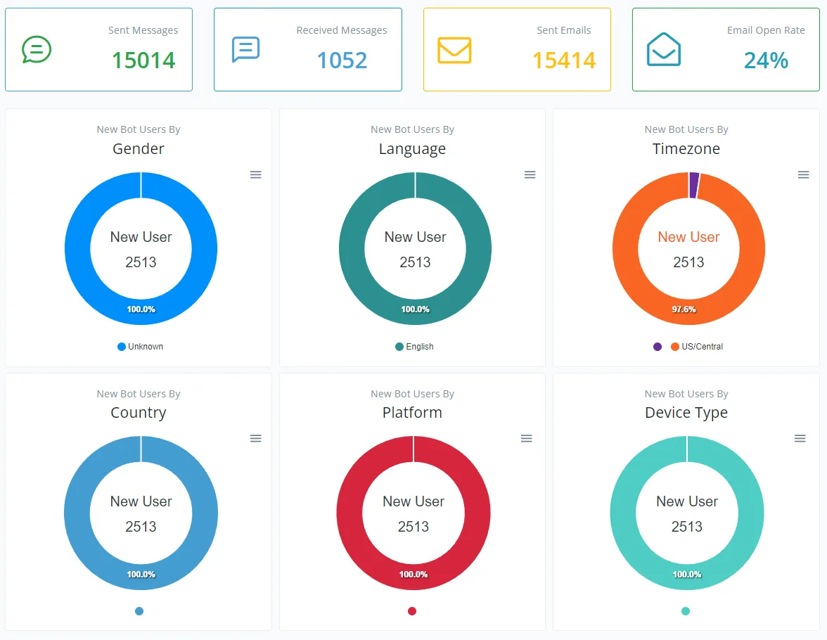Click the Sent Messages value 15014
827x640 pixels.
pos(143,60)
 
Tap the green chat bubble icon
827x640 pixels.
pos(37,50)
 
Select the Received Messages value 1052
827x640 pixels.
pos(342,60)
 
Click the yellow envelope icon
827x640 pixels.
pos(454,50)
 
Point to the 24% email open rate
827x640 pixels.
pos(766,60)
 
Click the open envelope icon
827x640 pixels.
pos(664,49)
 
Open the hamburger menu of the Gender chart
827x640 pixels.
pos(256,174)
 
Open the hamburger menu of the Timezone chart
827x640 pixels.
pos(803,174)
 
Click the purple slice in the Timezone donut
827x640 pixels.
pos(693,185)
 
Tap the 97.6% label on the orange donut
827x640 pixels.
pos(684,309)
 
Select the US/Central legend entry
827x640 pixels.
pos(697,347)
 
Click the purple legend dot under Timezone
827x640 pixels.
pos(657,347)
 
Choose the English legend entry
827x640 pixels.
pos(415,347)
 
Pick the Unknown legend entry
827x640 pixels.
pos(141,347)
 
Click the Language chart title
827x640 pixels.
pos(412,149)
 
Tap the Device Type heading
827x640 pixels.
pos(686,413)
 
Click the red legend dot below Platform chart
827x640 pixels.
pos(412,611)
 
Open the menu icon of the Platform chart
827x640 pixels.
pos(526,438)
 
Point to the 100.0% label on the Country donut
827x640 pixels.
pos(141,574)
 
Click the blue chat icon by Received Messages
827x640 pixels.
pos(246,49)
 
